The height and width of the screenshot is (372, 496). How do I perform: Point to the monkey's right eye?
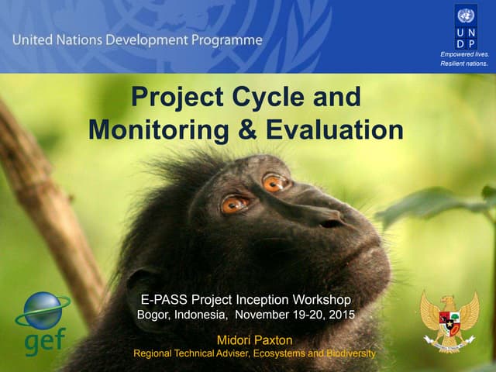click(x=233, y=205)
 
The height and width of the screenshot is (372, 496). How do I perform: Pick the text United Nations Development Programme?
click(x=137, y=40)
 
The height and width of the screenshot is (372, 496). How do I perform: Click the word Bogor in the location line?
click(x=154, y=315)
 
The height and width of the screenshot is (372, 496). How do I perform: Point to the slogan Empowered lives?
click(x=464, y=54)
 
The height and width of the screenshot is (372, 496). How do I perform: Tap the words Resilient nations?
click(x=464, y=64)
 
